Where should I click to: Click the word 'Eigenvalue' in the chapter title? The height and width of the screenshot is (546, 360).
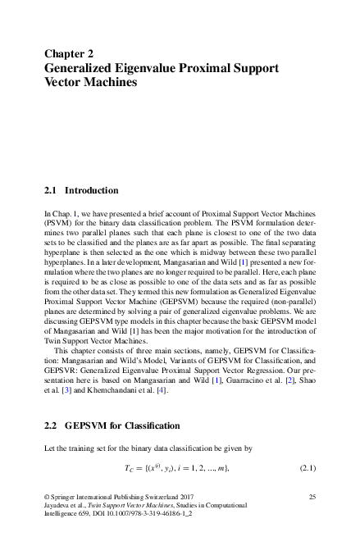point(144,67)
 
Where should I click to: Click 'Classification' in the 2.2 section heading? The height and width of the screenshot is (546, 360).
point(150,427)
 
